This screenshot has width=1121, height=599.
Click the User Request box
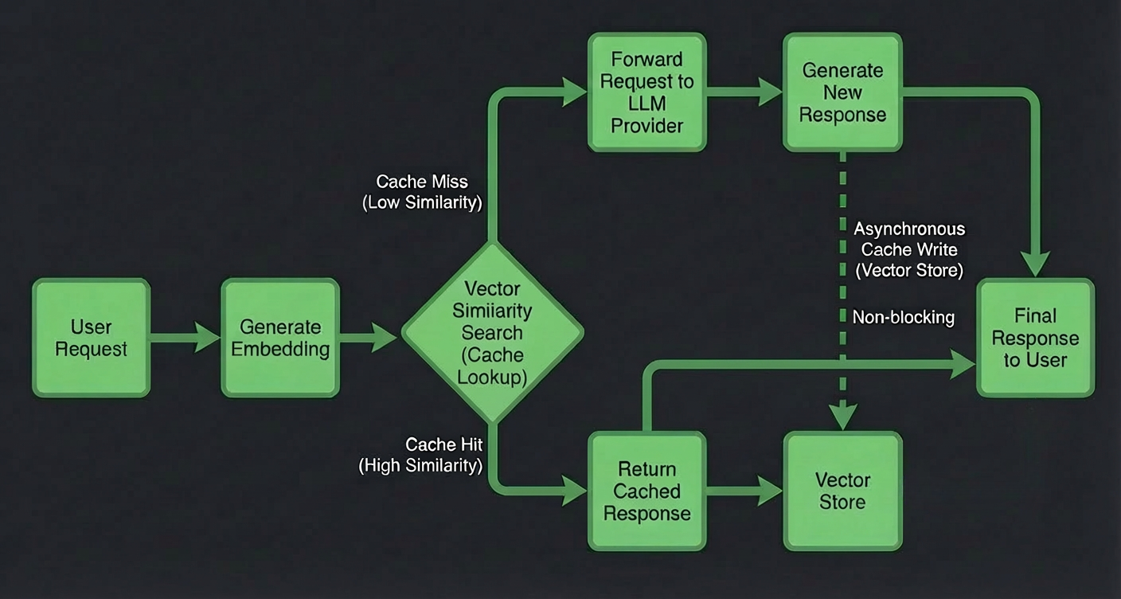91,338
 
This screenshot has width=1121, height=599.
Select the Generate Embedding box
280,338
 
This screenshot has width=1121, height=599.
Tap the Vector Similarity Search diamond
492,333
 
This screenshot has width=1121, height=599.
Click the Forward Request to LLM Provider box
646,92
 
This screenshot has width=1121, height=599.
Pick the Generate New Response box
842,92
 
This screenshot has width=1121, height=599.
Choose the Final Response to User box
1035,338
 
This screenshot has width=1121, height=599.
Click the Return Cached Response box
646,491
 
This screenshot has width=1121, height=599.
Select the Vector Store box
842,491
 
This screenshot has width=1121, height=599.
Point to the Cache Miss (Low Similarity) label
422,192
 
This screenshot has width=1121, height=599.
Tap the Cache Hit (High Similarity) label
421,455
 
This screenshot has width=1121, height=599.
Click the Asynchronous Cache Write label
909,249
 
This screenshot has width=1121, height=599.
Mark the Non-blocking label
903,317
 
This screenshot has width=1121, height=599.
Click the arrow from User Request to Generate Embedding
185,338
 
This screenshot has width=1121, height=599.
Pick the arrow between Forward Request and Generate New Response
744,92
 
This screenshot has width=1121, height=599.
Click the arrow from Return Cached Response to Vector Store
744,491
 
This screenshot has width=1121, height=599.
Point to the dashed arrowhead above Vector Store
843,416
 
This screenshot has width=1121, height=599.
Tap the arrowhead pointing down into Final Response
1036,262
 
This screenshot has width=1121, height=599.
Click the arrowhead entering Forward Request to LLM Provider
573,92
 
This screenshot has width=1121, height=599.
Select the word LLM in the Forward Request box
646,104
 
